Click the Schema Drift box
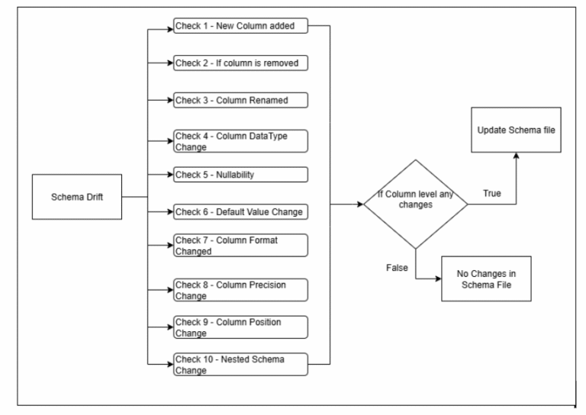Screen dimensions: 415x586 click(76, 196)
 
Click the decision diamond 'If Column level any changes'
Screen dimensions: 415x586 click(414, 204)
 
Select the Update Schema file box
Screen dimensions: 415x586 click(517, 130)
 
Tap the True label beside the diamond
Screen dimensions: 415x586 click(492, 195)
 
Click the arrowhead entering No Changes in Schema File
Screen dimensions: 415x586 click(439, 278)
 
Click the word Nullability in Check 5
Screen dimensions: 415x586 click(233, 175)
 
